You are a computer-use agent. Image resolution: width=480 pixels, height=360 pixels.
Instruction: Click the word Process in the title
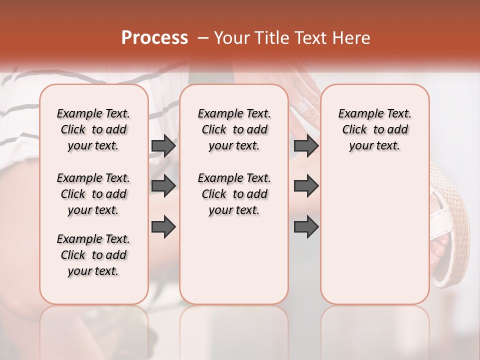154,38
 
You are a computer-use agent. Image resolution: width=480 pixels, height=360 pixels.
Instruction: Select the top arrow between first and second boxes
163,146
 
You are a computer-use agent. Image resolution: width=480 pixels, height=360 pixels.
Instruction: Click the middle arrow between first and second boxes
163,186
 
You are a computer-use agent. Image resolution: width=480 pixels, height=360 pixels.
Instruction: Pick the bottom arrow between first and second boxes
163,226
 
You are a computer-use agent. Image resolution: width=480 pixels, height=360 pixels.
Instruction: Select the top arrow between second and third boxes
306,146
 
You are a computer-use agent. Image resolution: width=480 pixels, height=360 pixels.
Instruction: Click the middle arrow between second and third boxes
306,186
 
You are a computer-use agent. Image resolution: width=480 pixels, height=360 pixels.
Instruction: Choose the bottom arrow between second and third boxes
306,226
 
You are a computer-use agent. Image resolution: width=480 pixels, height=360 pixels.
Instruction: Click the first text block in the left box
93,129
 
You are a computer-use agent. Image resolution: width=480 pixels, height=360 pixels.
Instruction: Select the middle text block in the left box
93,194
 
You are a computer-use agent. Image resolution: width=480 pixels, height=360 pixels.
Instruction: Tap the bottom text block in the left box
93,255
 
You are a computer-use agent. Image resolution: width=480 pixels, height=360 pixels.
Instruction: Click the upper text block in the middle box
234,129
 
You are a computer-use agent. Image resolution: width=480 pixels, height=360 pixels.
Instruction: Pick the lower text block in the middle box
234,194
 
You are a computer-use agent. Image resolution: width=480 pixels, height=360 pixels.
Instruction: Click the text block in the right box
374,129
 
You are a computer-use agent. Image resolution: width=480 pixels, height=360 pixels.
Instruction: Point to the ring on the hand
304,105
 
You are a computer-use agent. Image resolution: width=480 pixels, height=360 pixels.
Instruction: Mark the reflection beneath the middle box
234,330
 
